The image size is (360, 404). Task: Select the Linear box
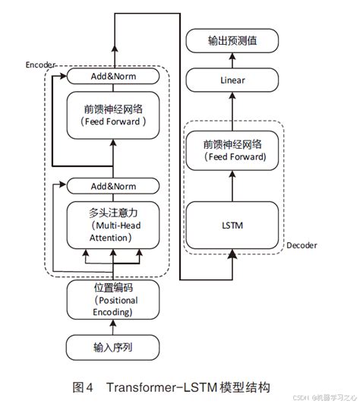coord(232,78)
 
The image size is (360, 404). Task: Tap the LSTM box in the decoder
coord(232,226)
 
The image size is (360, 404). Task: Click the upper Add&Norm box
coord(113,76)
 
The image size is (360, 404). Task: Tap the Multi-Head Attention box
coord(113,223)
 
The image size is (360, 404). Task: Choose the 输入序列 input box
coord(113,347)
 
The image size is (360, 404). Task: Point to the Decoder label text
coord(302,245)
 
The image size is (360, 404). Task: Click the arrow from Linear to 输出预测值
coord(232,59)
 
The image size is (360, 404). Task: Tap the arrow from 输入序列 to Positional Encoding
coord(113,327)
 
